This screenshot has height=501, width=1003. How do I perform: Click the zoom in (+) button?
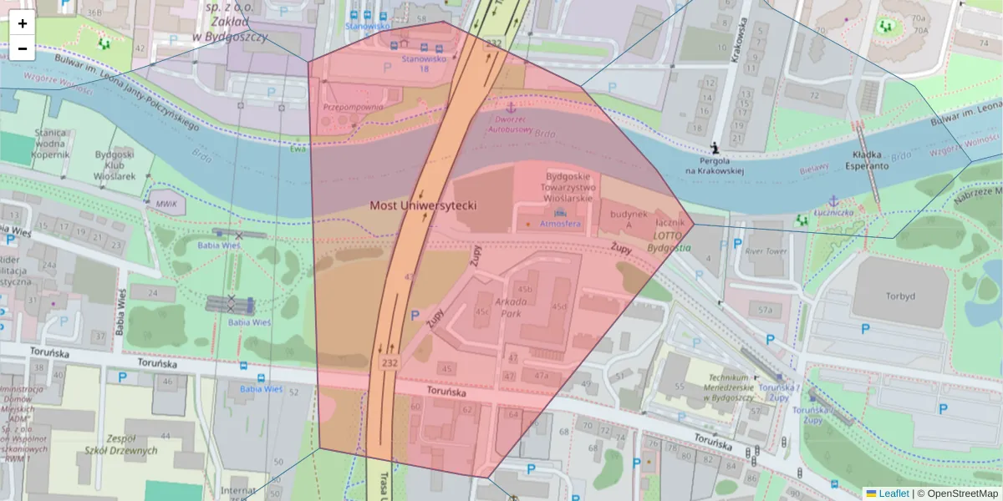click(x=23, y=23)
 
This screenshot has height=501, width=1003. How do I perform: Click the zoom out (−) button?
click(x=23, y=48)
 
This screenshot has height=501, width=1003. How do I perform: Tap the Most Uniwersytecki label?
click(x=423, y=205)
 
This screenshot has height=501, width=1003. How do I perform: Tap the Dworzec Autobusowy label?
click(x=510, y=124)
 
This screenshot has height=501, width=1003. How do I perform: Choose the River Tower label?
click(x=766, y=250)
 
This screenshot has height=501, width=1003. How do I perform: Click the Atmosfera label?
click(x=559, y=225)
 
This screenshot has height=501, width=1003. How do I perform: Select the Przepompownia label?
click(x=353, y=107)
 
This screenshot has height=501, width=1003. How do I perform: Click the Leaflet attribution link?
click(x=893, y=493)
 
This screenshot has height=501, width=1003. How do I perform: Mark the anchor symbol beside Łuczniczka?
click(x=832, y=201)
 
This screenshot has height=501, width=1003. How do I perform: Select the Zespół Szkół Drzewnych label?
click(x=127, y=444)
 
